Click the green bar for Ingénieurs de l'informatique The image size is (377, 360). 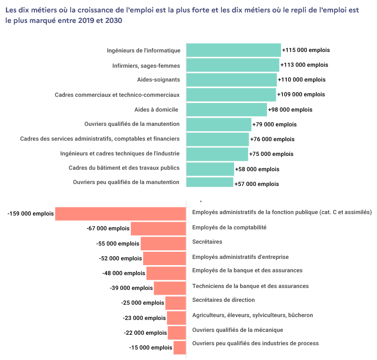(x=233, y=50)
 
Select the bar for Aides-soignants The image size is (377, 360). (x=231, y=80)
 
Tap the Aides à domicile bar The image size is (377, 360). (x=226, y=110)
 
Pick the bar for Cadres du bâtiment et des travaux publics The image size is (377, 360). (x=210, y=169)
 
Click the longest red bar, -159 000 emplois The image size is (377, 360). (x=120, y=214)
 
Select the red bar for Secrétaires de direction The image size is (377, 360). (x=176, y=303)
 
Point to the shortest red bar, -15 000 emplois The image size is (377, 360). (x=179, y=348)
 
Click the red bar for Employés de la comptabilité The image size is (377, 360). (x=158, y=228)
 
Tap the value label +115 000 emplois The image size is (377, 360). (x=306, y=50)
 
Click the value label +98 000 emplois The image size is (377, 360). (x=290, y=110)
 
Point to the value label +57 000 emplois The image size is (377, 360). (x=257, y=184)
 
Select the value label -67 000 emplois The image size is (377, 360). (x=108, y=228)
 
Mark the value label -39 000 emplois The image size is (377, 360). (x=131, y=288)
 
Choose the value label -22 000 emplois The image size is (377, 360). (x=146, y=333)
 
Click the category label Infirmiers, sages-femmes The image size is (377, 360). (x=147, y=65)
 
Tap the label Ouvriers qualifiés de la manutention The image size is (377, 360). (x=132, y=124)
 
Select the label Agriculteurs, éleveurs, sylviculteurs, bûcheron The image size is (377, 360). (x=252, y=315)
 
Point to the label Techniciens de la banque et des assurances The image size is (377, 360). (x=250, y=286)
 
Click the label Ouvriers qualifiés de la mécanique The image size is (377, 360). (x=237, y=330)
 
